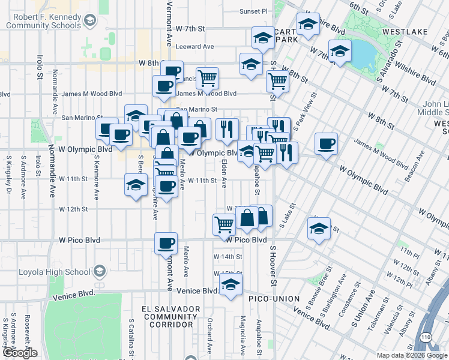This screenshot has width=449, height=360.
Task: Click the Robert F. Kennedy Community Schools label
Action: [x=43, y=21]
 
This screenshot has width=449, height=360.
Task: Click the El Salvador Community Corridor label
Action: [x=170, y=316]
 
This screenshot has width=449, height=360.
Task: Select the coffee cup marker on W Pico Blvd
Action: [x=166, y=244]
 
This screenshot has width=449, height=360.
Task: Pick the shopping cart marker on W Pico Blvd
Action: [x=224, y=224]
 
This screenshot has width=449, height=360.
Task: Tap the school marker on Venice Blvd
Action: [x=230, y=286]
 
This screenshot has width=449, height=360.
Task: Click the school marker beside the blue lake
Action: [x=340, y=52]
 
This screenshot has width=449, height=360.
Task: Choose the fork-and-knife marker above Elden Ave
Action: [x=227, y=129]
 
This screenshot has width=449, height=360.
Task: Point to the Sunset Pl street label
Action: [x=253, y=11]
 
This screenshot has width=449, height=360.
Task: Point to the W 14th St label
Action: [x=228, y=257]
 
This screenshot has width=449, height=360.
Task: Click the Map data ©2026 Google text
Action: [x=412, y=355]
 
